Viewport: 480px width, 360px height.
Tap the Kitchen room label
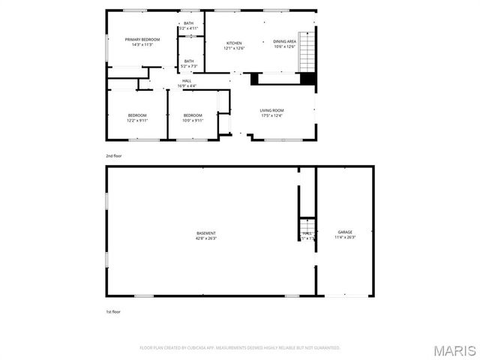[235, 43]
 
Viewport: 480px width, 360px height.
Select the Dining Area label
[285, 42]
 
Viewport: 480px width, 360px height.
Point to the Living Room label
[272, 110]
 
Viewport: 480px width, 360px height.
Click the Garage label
[345, 232]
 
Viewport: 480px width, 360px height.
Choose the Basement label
[206, 233]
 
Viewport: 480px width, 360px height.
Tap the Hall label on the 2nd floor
[187, 81]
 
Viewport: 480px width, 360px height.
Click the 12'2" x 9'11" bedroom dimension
[137, 120]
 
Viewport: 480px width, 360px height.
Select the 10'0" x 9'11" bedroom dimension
[193, 120]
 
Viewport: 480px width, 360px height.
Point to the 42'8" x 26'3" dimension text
[206, 238]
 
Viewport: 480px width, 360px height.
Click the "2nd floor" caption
[113, 155]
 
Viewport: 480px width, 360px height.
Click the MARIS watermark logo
[454, 350]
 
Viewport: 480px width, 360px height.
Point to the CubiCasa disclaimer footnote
[240, 348]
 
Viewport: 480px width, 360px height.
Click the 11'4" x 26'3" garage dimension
[345, 238]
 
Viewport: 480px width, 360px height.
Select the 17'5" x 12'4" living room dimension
[272, 115]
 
